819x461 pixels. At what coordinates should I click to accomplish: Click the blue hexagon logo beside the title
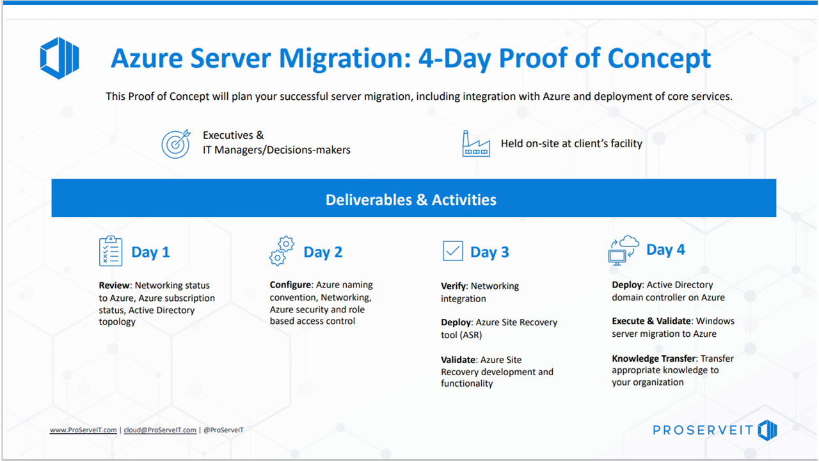tap(59, 58)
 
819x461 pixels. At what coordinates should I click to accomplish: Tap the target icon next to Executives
tap(176, 144)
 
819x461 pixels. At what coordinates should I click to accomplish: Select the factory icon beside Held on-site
tap(476, 144)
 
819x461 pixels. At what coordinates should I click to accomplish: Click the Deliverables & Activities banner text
tap(411, 200)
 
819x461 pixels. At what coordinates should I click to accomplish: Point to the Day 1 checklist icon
tap(111, 251)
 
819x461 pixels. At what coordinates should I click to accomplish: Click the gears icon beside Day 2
tap(282, 251)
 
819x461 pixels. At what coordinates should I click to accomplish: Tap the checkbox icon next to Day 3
tap(452, 251)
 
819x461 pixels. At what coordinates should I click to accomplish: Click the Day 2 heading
tap(322, 252)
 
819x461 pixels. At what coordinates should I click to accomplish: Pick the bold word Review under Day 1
tap(115, 286)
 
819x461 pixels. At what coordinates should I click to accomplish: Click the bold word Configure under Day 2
tap(290, 285)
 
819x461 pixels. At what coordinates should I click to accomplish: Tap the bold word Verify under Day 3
tap(453, 286)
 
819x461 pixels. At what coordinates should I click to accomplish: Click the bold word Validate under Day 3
tap(457, 360)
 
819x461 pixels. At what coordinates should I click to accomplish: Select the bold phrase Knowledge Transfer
tap(653, 359)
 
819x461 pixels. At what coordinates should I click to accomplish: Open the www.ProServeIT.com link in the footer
tap(83, 430)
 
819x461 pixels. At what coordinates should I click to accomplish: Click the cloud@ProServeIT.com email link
tap(160, 430)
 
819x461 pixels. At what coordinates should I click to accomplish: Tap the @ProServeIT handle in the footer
tap(223, 430)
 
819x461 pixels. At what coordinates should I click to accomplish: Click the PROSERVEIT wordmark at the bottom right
tap(702, 431)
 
